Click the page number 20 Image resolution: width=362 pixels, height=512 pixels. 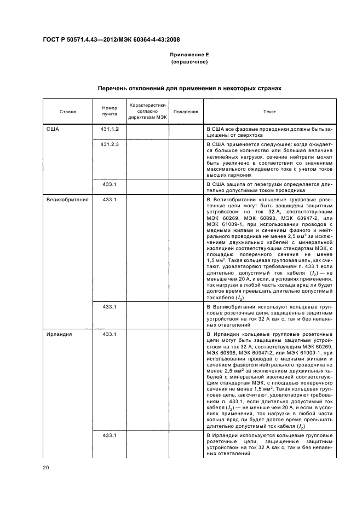click(x=45, y=468)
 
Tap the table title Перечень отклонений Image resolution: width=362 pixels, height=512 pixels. click(x=189, y=88)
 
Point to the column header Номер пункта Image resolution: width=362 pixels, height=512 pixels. click(x=110, y=112)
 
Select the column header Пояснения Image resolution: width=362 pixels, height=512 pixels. click(x=185, y=112)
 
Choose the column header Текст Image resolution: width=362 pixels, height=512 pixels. click(x=269, y=112)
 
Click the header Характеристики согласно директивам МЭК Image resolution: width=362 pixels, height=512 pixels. click(x=147, y=111)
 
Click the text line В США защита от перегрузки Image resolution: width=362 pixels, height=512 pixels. click(x=269, y=184)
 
